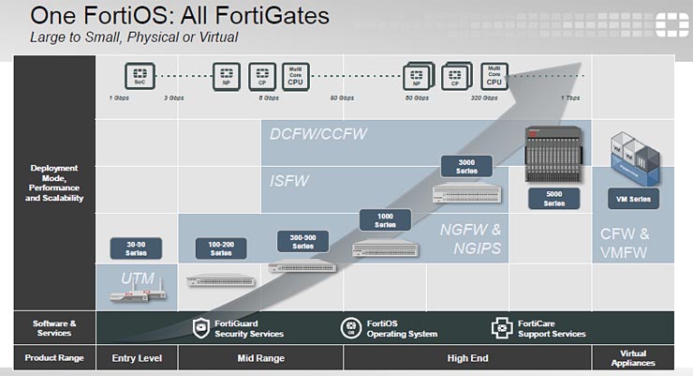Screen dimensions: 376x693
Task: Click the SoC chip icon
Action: [x=140, y=73]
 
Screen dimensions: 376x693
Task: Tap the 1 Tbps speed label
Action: [x=569, y=98]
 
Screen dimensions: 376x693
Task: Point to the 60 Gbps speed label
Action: [x=342, y=98]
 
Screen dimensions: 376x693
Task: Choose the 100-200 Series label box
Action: [x=221, y=248]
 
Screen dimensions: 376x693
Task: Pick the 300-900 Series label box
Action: [x=303, y=239]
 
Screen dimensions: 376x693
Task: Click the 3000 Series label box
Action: [x=466, y=167]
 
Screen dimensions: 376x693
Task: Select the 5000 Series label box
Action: [x=554, y=198]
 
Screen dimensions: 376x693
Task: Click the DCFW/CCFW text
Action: [x=317, y=134]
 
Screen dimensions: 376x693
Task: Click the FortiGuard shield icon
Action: [x=200, y=327]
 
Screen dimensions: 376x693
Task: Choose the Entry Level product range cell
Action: [x=137, y=358]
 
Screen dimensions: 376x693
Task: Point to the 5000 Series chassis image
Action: [x=554, y=154]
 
